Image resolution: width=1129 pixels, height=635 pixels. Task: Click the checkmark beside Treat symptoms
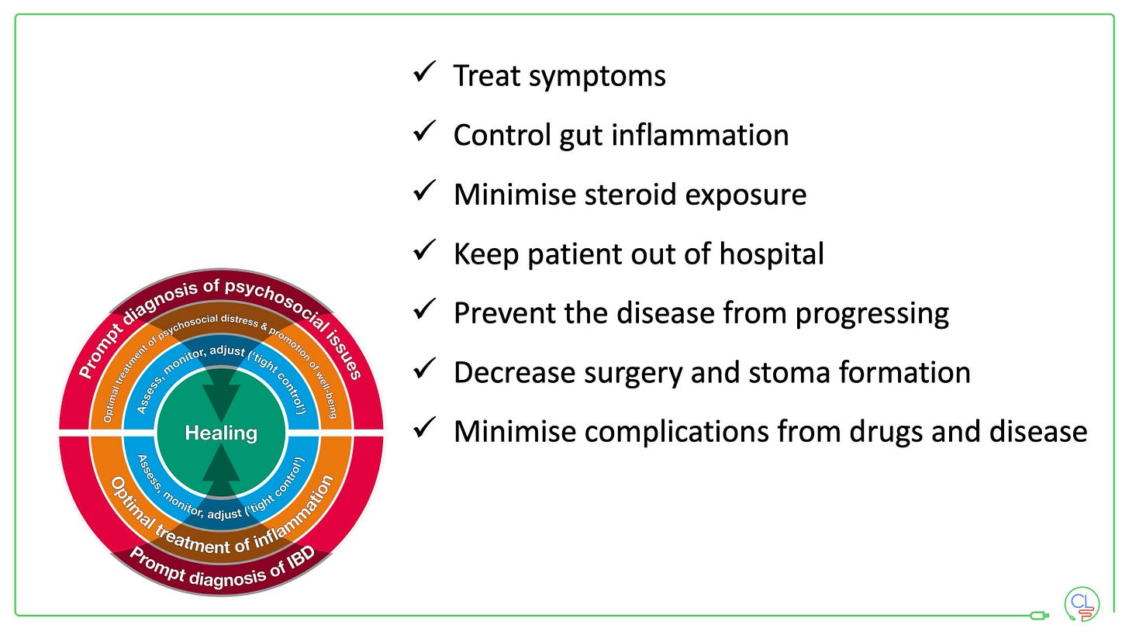[424, 73]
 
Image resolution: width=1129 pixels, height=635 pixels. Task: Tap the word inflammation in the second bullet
[699, 135]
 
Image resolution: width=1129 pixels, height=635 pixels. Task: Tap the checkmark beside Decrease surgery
[424, 370]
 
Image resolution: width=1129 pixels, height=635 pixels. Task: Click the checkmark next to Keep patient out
[424, 251]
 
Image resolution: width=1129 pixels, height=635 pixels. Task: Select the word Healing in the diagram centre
[221, 433]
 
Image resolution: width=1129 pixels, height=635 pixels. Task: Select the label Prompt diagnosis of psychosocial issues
[221, 298]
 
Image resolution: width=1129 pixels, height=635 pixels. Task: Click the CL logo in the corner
[1082, 604]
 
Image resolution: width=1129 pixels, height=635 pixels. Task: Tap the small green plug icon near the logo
[1039, 616]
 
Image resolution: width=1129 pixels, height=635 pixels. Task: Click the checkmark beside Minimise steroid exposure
[424, 192]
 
